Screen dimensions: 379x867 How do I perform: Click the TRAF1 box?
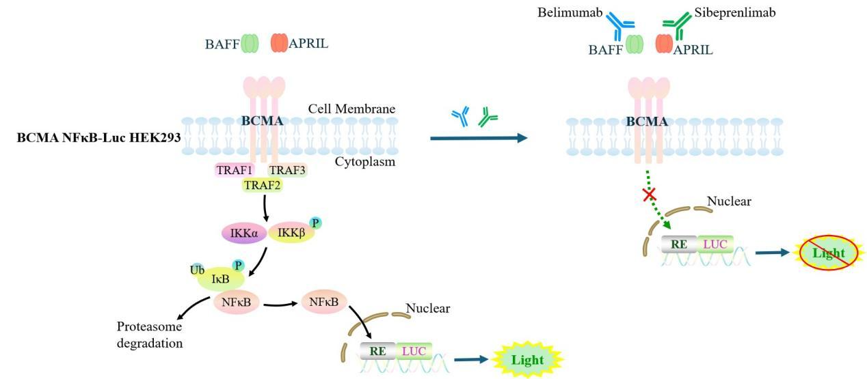(x=234, y=171)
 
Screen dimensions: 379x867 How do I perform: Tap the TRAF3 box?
(x=286, y=171)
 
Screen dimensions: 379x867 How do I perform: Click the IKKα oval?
(x=243, y=233)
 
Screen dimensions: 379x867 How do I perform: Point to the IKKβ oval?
(x=291, y=233)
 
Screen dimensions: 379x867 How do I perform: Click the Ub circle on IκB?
(x=198, y=268)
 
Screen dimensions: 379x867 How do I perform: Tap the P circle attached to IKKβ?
(x=315, y=222)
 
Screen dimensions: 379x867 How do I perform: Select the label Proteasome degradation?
(x=150, y=334)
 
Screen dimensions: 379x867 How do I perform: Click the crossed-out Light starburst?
(x=829, y=254)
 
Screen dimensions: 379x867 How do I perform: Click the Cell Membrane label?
(x=351, y=109)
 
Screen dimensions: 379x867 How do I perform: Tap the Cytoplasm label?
(x=365, y=162)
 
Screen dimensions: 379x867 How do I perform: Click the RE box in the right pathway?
(x=679, y=244)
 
